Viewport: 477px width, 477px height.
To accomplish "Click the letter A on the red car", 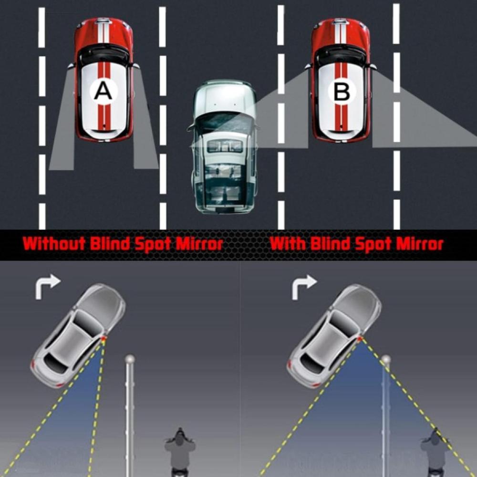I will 103,91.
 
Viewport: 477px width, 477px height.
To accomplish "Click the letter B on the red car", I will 342,92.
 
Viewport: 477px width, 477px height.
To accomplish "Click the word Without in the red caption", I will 53,244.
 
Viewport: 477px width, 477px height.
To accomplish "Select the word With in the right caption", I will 288,244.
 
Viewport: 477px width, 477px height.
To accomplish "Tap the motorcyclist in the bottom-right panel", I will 435,451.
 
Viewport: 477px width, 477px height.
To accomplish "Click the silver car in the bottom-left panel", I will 78,334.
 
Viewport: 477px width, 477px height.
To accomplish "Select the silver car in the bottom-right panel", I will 334,334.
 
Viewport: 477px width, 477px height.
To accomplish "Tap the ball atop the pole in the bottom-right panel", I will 386,359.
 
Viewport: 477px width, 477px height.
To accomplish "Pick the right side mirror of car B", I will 373,67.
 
